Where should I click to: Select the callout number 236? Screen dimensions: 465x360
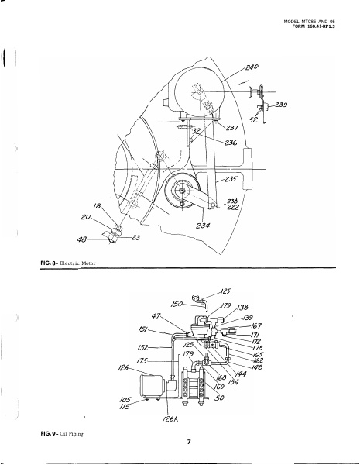click(231, 143)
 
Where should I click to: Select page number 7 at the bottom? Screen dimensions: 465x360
click(188, 442)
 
